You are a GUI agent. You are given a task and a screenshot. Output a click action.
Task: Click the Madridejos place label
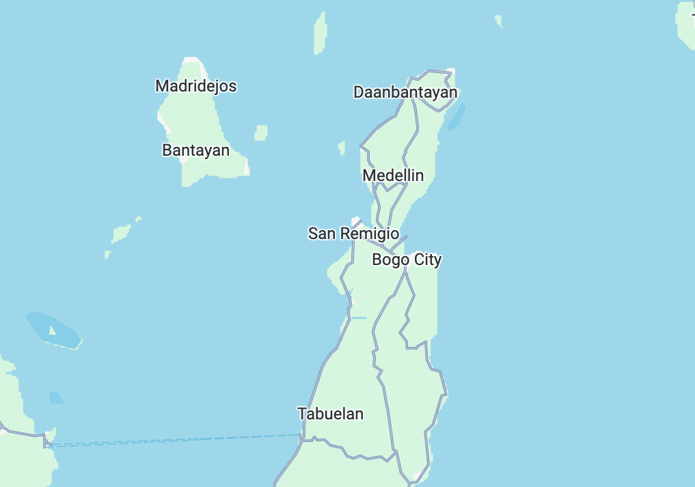pyautogui.click(x=196, y=86)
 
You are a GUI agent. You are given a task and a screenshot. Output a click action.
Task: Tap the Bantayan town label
pyautogui.click(x=196, y=150)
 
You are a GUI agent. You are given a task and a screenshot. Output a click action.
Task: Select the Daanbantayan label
pyautogui.click(x=405, y=92)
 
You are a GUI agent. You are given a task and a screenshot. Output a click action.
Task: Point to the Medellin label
pyautogui.click(x=393, y=176)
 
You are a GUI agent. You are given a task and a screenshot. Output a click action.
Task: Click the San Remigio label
pyautogui.click(x=353, y=234)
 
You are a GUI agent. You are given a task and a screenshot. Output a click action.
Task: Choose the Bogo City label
pyautogui.click(x=407, y=260)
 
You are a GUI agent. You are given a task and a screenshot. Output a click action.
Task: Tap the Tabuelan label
pyautogui.click(x=330, y=414)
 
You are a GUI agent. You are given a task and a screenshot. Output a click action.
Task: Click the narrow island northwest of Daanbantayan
pyautogui.click(x=319, y=33)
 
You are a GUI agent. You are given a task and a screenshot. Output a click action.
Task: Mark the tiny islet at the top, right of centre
pyautogui.click(x=499, y=21)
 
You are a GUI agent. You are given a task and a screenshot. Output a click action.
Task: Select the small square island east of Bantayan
pyautogui.click(x=261, y=133)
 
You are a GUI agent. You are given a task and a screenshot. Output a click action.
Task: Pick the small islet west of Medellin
pyautogui.click(x=342, y=148)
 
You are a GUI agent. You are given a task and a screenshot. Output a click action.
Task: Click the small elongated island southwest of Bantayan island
pyautogui.click(x=121, y=234)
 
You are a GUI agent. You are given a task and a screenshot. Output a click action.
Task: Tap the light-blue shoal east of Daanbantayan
pyautogui.click(x=456, y=117)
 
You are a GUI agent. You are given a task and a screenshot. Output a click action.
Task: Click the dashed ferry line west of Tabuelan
pyautogui.click(x=171, y=440)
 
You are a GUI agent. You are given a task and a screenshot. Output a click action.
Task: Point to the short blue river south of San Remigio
pyautogui.click(x=358, y=318)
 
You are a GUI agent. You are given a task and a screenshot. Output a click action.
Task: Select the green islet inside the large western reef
pyautogui.click(x=53, y=332)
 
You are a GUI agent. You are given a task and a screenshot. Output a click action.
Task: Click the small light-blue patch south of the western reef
pyautogui.click(x=56, y=398)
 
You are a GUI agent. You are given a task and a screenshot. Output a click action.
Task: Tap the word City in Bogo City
pyautogui.click(x=427, y=260)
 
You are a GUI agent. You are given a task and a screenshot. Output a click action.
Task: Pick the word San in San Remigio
pyautogui.click(x=323, y=234)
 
